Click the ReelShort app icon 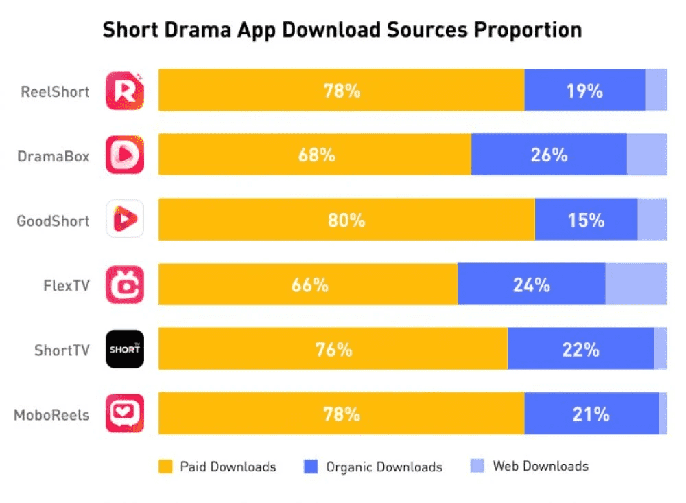pyautogui.click(x=125, y=90)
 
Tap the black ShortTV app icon pyautogui.click(x=125, y=349)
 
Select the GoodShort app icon pyautogui.click(x=125, y=219)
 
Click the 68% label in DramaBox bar pyautogui.click(x=316, y=155)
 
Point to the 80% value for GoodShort pyautogui.click(x=346, y=220)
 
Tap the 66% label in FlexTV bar pyautogui.click(x=309, y=284)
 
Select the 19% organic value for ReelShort pyautogui.click(x=584, y=90)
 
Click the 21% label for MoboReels pyautogui.click(x=591, y=414)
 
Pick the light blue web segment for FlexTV pyautogui.click(x=636, y=284)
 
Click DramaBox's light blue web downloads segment pyautogui.click(x=647, y=155)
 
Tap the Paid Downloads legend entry pyautogui.click(x=217, y=467)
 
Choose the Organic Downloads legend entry pyautogui.click(x=374, y=467)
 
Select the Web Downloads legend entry pyautogui.click(x=530, y=467)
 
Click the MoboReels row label pyautogui.click(x=51, y=415)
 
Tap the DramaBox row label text pyautogui.click(x=54, y=156)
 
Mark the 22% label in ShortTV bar pyautogui.click(x=581, y=350)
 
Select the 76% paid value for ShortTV pyautogui.click(x=333, y=350)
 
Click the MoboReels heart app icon pyautogui.click(x=125, y=414)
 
